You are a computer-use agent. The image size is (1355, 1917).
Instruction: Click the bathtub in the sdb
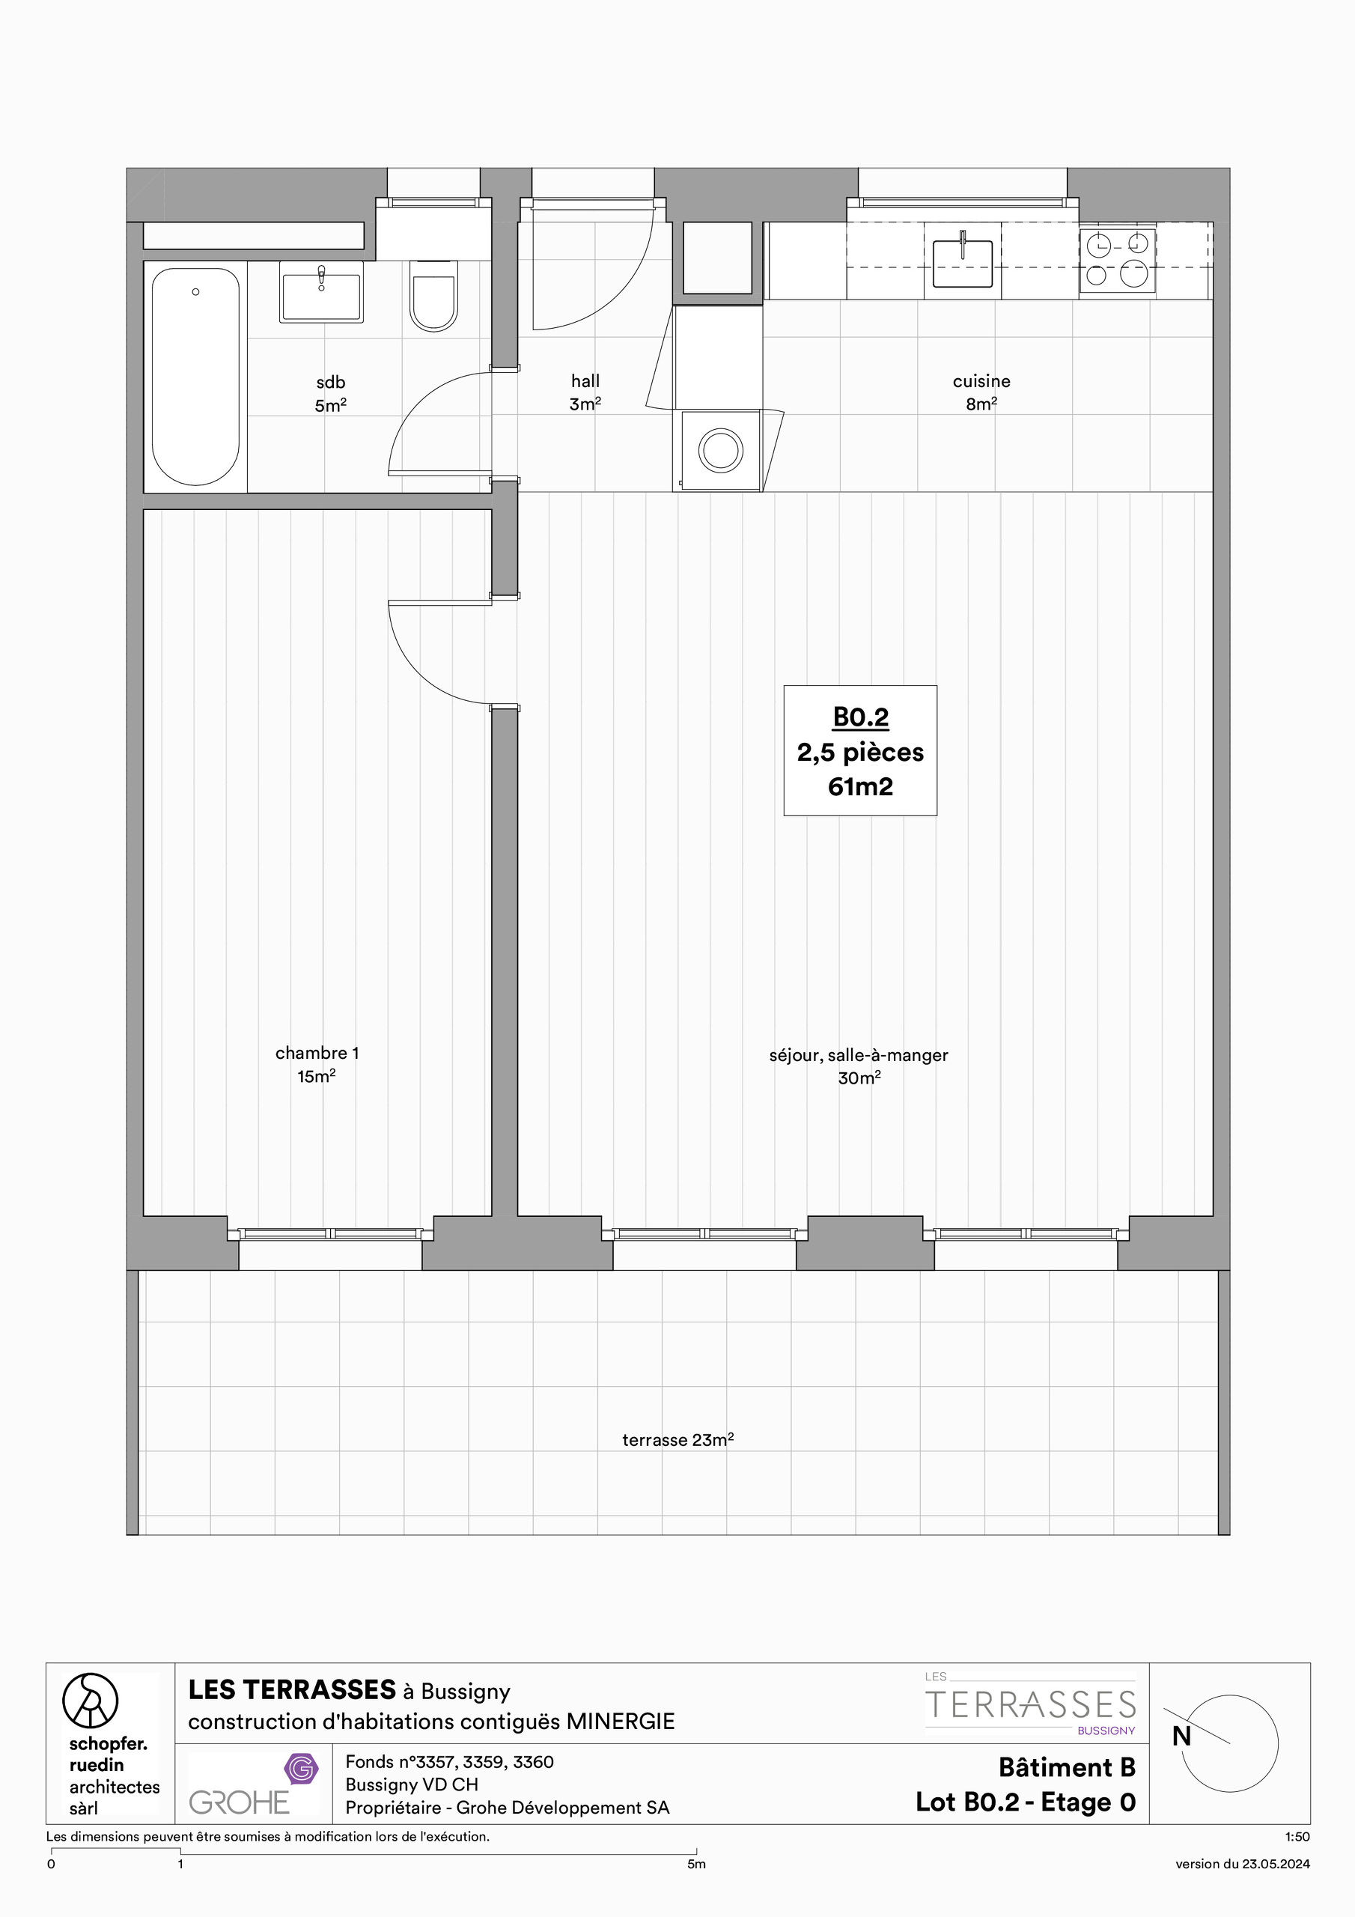click(195, 376)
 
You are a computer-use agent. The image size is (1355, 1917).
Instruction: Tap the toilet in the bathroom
click(433, 297)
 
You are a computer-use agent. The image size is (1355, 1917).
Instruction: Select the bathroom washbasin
click(321, 292)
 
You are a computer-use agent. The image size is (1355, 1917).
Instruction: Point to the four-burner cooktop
click(1117, 261)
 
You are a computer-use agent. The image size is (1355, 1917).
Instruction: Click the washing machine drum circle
click(720, 451)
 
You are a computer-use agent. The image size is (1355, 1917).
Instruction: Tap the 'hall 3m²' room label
click(585, 392)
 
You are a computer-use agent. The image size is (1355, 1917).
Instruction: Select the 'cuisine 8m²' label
click(981, 392)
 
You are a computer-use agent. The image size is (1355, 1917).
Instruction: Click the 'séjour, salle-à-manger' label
click(858, 1055)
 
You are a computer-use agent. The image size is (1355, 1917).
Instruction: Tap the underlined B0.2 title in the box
click(861, 717)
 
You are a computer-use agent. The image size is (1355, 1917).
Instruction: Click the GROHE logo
click(240, 1802)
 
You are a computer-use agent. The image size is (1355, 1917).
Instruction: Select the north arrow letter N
click(1181, 1737)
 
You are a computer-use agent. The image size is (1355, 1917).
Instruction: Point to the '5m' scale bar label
click(696, 1865)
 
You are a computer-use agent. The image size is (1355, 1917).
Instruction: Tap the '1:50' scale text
click(1297, 1837)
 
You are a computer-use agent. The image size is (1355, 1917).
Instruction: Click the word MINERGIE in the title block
click(621, 1722)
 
